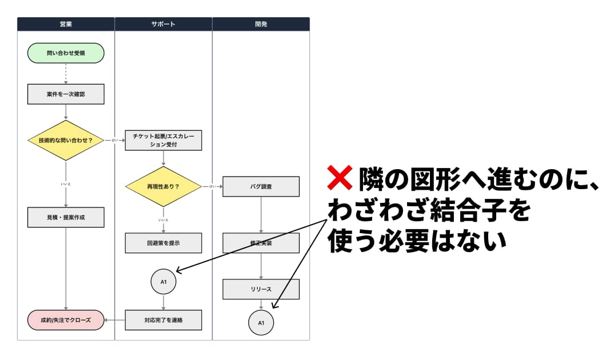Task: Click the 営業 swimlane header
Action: [x=66, y=24]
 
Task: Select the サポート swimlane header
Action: [x=164, y=24]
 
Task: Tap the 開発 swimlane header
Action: [x=261, y=24]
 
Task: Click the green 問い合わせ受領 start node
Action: [x=66, y=53]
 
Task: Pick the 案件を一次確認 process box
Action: [x=66, y=94]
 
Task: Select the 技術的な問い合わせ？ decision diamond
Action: [x=66, y=140]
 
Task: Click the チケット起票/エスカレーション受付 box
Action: [x=164, y=140]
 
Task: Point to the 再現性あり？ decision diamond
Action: [x=164, y=186]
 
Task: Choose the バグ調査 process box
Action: [x=261, y=186]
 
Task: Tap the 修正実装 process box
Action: [x=261, y=243]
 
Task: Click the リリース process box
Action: [x=261, y=289]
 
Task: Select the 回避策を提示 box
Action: [x=164, y=243]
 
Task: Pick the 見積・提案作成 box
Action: [x=66, y=217]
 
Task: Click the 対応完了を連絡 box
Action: [x=164, y=320]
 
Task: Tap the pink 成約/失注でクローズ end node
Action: [x=66, y=320]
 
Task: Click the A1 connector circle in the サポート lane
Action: [x=164, y=282]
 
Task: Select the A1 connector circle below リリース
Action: [x=261, y=323]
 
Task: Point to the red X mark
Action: [x=339, y=178]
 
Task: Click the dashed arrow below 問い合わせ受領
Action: [x=66, y=73]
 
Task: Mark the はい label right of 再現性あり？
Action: [x=212, y=186]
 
